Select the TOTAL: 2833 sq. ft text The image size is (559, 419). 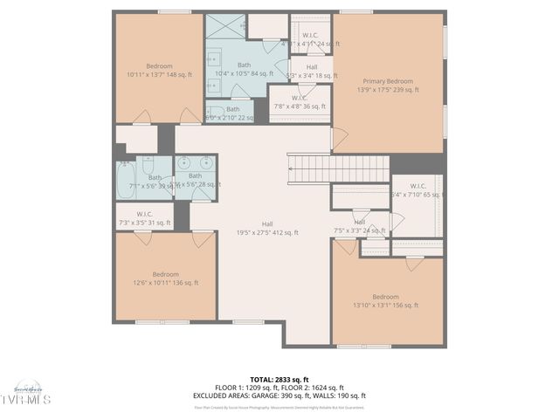(x=279, y=380)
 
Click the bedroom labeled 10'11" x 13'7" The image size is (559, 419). (x=159, y=71)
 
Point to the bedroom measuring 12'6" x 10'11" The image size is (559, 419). (x=165, y=278)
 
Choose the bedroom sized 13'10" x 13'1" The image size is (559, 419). (x=385, y=300)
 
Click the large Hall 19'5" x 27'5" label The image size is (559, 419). (x=267, y=229)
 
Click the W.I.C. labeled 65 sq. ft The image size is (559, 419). (x=417, y=190)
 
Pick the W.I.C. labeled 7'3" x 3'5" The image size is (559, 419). (x=145, y=219)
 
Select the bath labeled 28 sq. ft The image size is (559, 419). (x=195, y=181)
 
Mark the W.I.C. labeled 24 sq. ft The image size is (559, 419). (x=310, y=39)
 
